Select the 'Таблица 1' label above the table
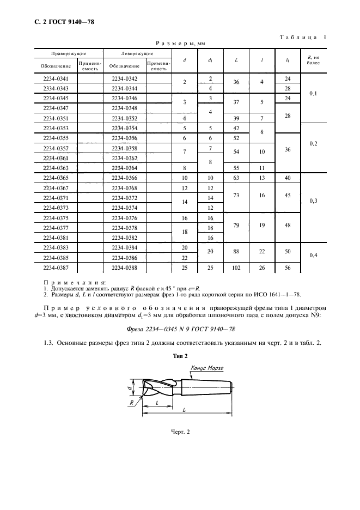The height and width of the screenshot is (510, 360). [303, 37]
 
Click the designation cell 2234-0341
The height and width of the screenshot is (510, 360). [56, 79]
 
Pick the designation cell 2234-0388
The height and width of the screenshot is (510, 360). [124, 268]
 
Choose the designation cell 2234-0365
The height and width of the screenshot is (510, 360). [56, 178]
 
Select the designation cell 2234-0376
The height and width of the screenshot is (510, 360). [124, 218]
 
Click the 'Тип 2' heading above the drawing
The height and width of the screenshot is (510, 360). [180, 355]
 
